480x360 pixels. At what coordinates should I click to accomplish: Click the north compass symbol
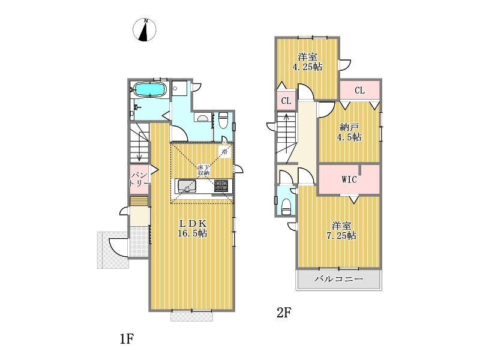pyautogui.click(x=145, y=29)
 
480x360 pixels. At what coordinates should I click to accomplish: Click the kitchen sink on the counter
pyautogui.click(x=187, y=186)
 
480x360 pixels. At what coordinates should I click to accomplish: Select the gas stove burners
pyautogui.click(x=221, y=185)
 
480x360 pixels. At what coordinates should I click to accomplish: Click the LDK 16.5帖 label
pyautogui.click(x=193, y=229)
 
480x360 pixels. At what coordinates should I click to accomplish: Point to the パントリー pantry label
pyautogui.click(x=140, y=179)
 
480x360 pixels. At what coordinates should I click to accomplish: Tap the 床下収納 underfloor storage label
pyautogui.click(x=203, y=170)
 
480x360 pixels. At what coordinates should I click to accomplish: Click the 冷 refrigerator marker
pyautogui.click(x=224, y=151)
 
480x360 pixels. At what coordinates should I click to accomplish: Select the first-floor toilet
pyautogui.click(x=223, y=121)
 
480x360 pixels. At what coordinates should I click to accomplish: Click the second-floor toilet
pyautogui.click(x=286, y=207)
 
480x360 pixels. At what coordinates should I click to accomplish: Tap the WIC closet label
pyautogui.click(x=349, y=179)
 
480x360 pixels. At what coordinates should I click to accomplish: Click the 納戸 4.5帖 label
pyautogui.click(x=349, y=132)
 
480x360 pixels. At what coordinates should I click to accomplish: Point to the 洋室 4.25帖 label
pyautogui.click(x=307, y=62)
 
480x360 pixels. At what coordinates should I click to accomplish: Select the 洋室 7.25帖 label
pyautogui.click(x=341, y=231)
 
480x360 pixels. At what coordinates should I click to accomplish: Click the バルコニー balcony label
pyautogui.click(x=339, y=279)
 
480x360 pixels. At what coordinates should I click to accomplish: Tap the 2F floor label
pyautogui.click(x=284, y=313)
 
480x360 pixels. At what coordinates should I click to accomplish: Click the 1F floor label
pyautogui.click(x=127, y=339)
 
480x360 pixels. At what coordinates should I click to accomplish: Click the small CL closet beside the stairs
pyautogui.click(x=286, y=100)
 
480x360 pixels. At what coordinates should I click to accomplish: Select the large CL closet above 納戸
pyautogui.click(x=359, y=91)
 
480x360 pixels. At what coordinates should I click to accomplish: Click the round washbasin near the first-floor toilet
pyautogui.click(x=202, y=118)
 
